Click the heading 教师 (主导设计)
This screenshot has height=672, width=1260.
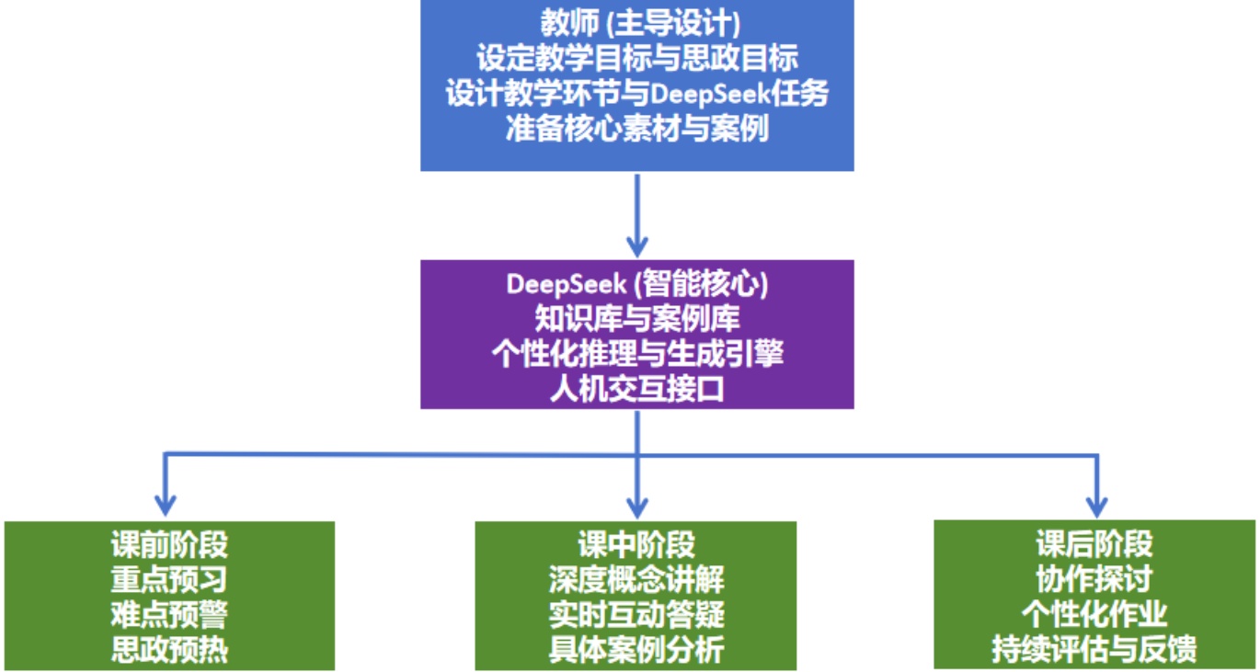[636, 23]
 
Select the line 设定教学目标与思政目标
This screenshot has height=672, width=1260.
[636, 58]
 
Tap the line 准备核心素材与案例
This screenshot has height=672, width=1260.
[636, 128]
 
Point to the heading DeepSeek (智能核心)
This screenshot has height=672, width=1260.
[636, 284]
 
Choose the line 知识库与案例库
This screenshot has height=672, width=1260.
[636, 319]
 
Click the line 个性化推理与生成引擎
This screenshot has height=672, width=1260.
[636, 354]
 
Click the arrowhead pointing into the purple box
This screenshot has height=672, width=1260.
[636, 246]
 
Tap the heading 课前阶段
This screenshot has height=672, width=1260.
[169, 544]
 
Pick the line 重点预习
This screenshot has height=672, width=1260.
[169, 579]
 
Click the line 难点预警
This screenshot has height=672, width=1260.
[169, 614]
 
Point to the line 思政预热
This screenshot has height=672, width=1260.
[169, 649]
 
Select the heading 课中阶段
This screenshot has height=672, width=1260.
[636, 544]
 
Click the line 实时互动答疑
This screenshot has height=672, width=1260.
[636, 614]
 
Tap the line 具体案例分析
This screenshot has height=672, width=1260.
[636, 649]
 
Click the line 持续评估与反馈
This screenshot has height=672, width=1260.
[1094, 649]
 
